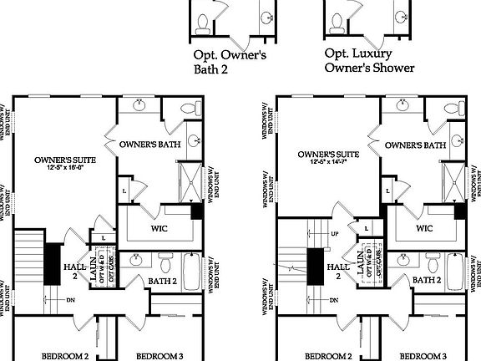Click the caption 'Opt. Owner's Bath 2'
(x=230, y=64)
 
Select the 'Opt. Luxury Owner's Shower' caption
(x=368, y=60)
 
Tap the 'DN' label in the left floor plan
(x=71, y=300)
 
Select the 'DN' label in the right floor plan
(x=334, y=300)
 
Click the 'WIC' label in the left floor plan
(x=160, y=227)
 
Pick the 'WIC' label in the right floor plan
(x=424, y=227)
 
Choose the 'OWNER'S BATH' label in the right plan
(x=415, y=145)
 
